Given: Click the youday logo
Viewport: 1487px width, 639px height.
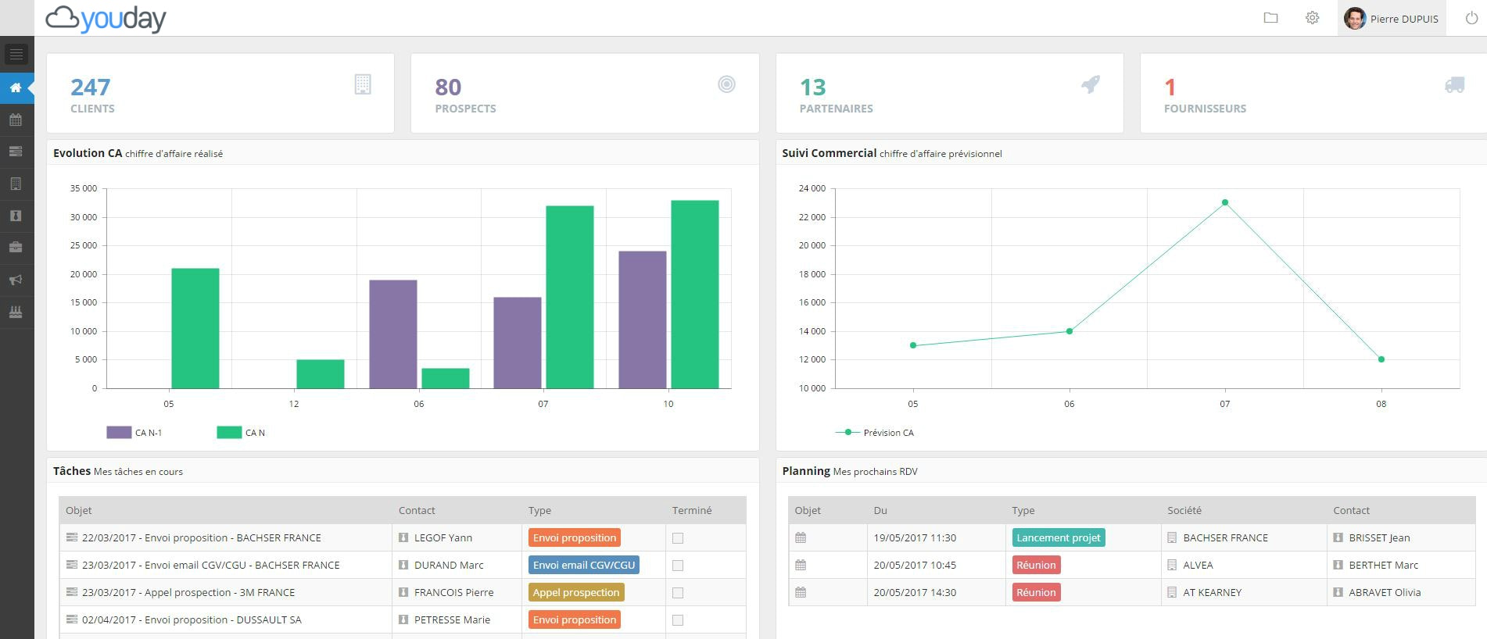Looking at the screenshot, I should point(106,18).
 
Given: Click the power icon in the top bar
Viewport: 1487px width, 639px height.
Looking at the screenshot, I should point(1471,18).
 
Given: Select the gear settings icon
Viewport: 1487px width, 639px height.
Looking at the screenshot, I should point(1312,18).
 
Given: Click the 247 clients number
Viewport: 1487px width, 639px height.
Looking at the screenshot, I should point(90,87).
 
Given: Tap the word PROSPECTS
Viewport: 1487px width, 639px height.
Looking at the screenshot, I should point(465,109).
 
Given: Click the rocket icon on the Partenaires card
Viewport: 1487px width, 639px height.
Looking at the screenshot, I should point(1091,84).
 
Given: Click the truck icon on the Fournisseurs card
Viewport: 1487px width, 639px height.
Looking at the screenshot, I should point(1454,84).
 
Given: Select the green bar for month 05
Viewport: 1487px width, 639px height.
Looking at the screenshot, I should point(195,328).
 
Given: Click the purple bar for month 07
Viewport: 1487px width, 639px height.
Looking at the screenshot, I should point(517,342).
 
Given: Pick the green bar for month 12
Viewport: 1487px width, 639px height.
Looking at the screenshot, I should point(320,374).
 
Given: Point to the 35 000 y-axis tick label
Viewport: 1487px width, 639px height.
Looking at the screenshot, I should point(84,188).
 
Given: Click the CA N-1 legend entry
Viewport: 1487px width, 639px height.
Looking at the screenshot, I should point(134,432).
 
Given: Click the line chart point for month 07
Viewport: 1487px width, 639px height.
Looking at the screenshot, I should point(1225,202).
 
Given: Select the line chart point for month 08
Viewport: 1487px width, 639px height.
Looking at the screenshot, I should point(1381,359).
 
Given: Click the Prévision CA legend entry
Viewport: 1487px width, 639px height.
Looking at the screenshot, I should point(875,432).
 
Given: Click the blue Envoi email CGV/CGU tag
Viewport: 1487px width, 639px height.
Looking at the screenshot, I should point(583,565).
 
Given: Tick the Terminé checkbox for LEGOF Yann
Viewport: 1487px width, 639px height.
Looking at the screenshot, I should point(678,538).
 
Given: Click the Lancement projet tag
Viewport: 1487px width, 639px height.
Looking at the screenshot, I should point(1058,537).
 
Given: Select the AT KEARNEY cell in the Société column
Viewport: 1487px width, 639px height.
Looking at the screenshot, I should point(1212,592).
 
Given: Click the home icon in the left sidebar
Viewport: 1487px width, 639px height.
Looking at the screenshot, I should point(16,87).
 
